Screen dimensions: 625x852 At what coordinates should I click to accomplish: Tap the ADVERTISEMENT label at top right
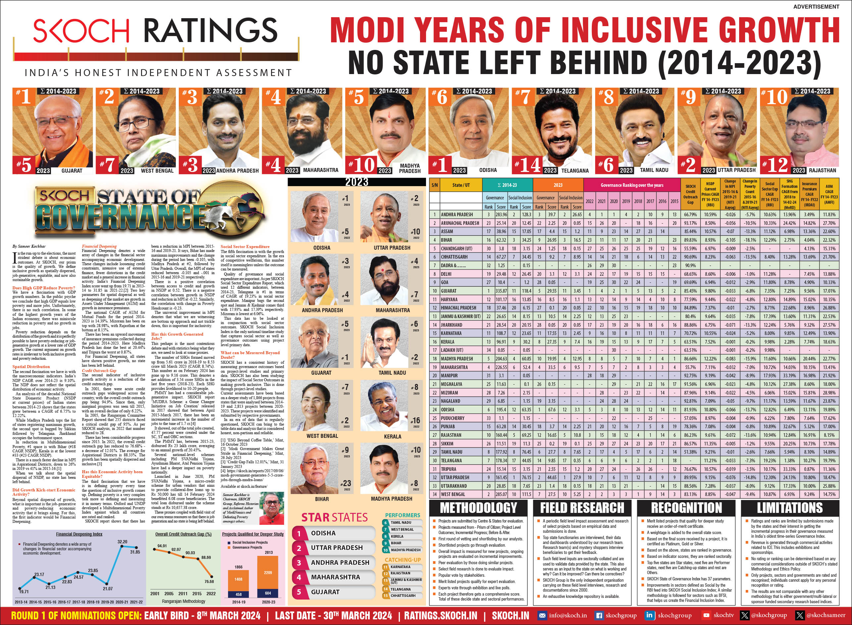click(816, 6)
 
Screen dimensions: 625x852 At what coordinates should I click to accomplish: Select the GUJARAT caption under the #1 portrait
click(71, 171)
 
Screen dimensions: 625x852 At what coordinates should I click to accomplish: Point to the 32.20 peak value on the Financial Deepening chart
click(122, 542)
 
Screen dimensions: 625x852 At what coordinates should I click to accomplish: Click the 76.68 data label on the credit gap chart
click(209, 581)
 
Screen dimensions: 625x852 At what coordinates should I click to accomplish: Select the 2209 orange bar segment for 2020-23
click(268, 572)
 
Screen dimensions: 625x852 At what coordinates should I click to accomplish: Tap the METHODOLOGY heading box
click(479, 508)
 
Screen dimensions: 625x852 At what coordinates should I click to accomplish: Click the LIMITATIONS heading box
click(789, 508)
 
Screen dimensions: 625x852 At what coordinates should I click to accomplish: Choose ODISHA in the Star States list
click(323, 533)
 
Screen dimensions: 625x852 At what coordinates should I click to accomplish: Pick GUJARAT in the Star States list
click(325, 592)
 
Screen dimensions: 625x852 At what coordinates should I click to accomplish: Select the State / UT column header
click(461, 185)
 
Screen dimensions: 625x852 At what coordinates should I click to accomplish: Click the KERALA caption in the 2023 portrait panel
click(392, 436)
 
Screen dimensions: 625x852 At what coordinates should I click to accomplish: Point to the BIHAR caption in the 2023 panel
click(322, 499)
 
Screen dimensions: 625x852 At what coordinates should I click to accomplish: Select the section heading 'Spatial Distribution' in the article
click(31, 367)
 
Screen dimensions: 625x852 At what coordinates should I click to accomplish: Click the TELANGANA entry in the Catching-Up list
click(400, 589)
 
